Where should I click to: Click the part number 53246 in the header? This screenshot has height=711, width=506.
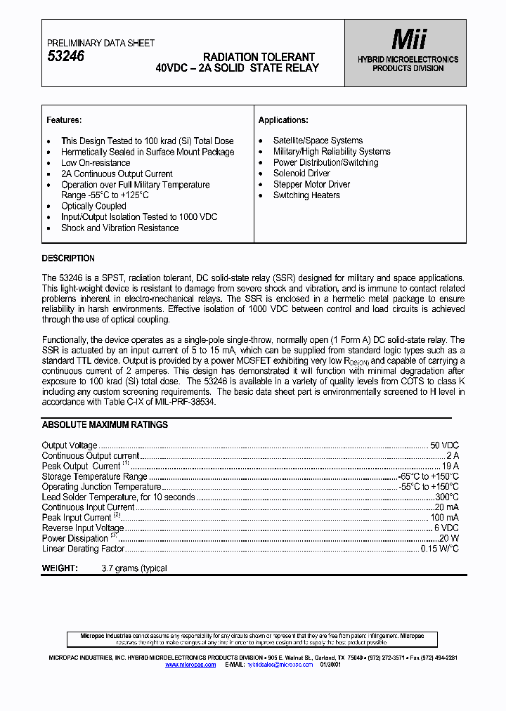click(x=65, y=57)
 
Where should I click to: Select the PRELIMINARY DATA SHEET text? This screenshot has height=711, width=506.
click(x=100, y=43)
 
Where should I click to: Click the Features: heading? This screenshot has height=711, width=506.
click(x=64, y=120)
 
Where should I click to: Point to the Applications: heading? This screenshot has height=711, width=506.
click(x=283, y=120)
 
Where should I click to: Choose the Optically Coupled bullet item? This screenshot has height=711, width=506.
click(x=93, y=207)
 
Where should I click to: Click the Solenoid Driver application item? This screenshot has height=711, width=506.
click(x=301, y=174)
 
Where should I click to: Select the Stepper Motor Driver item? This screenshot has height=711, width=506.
click(x=311, y=185)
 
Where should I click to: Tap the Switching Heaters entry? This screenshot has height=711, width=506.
click(x=306, y=195)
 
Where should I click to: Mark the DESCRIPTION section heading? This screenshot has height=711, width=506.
click(x=68, y=259)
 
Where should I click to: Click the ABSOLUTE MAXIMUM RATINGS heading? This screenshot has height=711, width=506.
click(x=105, y=425)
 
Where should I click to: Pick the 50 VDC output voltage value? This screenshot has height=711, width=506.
click(x=444, y=445)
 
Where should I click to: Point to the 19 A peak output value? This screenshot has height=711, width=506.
click(x=450, y=466)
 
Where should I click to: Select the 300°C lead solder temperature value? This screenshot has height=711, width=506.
click(x=446, y=497)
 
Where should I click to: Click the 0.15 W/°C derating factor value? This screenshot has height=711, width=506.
click(x=439, y=549)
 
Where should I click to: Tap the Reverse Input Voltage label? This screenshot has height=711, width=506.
click(x=83, y=528)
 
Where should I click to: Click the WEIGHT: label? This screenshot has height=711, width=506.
click(x=60, y=568)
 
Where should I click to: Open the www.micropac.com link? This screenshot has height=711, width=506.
click(x=190, y=664)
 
